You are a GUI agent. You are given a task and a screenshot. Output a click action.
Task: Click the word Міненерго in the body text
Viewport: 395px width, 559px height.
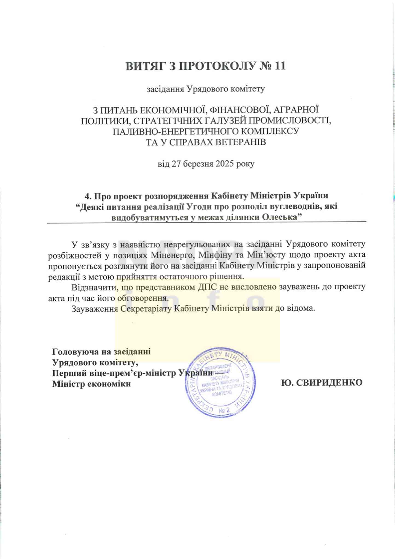[x=174, y=255]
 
